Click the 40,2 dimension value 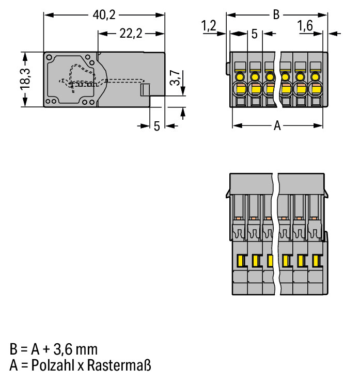coord(104,15)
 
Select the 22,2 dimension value coord(131,34)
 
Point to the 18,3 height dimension coord(25,79)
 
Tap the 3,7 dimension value coord(175,78)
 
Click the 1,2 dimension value coord(209,25)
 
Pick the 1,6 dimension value coord(305,25)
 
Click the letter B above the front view coord(276,14)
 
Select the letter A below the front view coord(277,125)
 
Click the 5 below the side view coord(157,126)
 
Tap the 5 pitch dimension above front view coord(255,34)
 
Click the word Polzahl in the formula coord(52,365)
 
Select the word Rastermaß coord(119,365)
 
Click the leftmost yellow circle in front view coord(240,77)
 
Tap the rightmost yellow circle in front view coord(315,77)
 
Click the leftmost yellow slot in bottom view coord(241,261)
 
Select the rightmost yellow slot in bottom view coord(316,261)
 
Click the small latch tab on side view coord(145,90)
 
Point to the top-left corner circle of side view coord(49,58)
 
